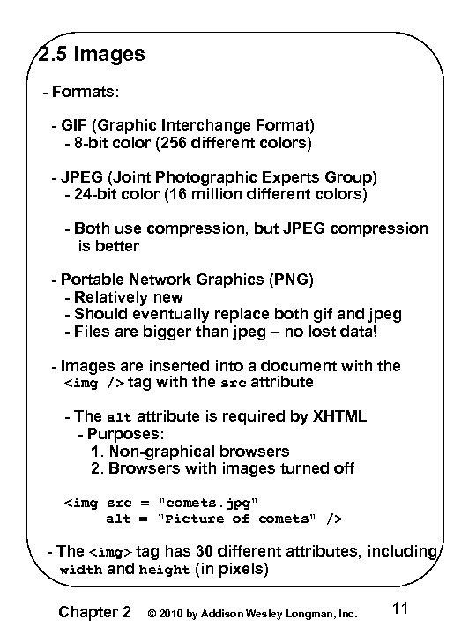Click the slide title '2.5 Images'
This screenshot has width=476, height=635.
click(x=93, y=55)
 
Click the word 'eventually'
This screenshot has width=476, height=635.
click(x=165, y=314)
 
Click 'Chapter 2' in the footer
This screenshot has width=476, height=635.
click(x=95, y=612)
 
